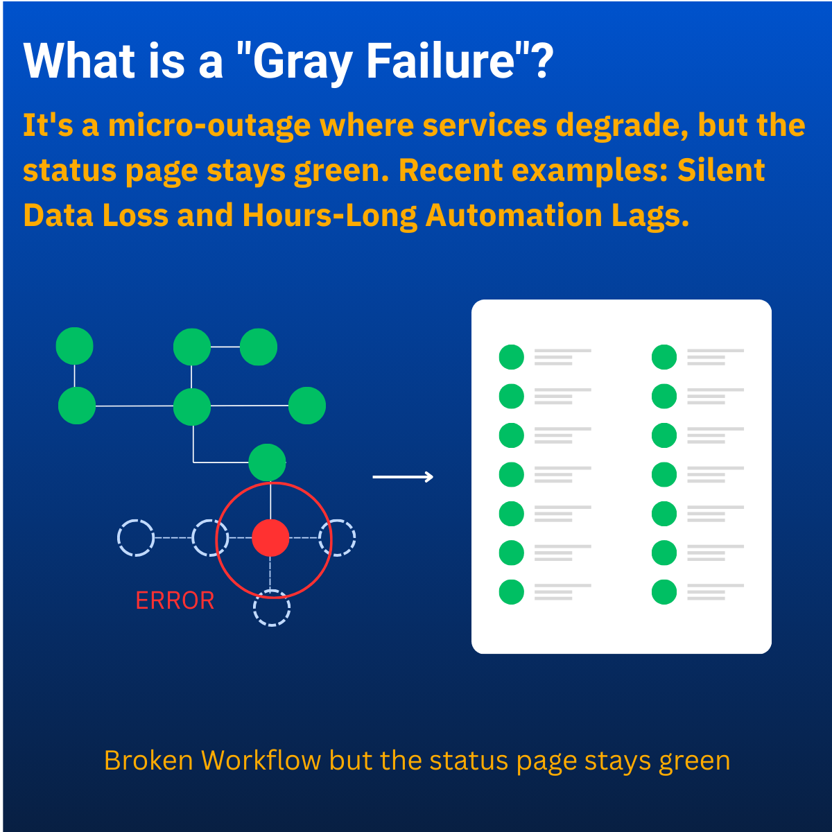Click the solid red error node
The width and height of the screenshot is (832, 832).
[270, 537]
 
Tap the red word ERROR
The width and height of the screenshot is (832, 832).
[175, 600]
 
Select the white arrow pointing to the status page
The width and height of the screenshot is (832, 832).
[403, 476]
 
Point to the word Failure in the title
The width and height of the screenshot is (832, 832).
[440, 60]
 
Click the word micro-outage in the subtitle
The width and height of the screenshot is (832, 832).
[209, 126]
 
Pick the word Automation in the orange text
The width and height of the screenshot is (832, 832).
[513, 215]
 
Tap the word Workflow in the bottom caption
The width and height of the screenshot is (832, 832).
[261, 761]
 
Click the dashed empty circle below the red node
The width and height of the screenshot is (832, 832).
[271, 607]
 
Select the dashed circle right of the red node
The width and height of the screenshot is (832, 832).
[337, 537]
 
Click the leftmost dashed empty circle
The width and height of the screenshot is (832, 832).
[136, 537]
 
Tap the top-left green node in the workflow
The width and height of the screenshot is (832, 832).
[75, 346]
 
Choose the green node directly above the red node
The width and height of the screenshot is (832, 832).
[267, 462]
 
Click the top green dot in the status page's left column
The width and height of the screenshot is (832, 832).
[511, 357]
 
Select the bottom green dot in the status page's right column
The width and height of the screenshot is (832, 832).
[664, 592]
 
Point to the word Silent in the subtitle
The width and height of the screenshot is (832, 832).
[721, 170]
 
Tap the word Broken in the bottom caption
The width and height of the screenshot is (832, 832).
[148, 761]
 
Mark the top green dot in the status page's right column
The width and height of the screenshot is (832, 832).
[664, 357]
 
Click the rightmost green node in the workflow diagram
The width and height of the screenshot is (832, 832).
[307, 406]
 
